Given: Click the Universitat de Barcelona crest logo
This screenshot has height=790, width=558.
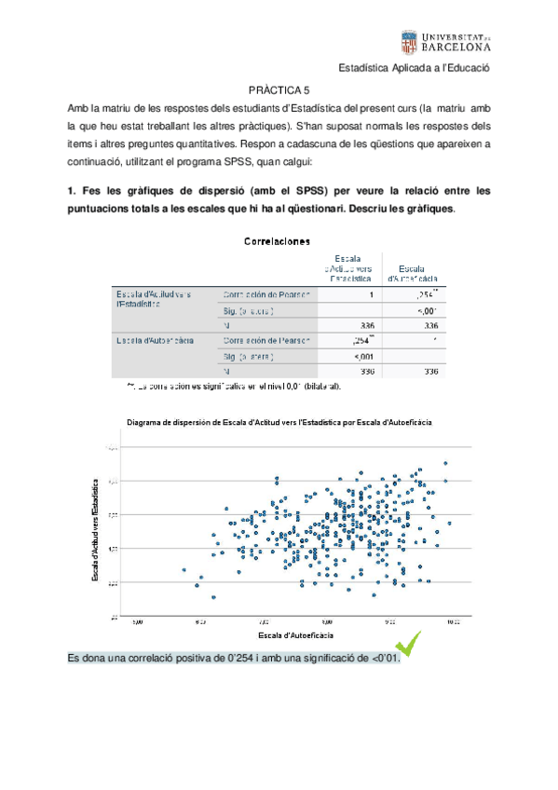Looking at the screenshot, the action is click(407, 40).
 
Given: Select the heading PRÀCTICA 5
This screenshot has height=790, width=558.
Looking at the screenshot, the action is click(279, 90).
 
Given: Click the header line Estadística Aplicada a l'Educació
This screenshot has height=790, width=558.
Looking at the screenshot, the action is click(414, 69).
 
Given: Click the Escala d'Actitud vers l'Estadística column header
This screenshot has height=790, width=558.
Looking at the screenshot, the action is click(351, 266).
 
